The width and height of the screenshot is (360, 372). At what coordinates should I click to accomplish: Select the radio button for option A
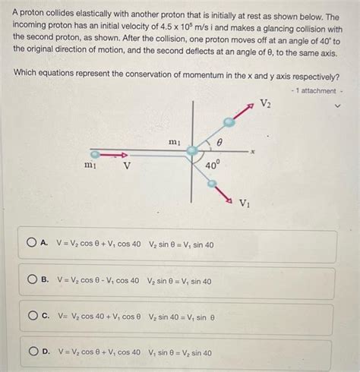coord(33,244)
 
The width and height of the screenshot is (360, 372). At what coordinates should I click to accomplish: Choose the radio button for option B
coord(33,280)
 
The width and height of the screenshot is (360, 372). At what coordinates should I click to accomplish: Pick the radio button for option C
coord(33,316)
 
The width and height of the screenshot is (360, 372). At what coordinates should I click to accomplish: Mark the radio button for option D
coord(33,352)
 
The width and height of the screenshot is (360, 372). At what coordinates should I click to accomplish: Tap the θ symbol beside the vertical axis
coord(219,141)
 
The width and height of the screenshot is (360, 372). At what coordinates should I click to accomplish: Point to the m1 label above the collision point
coord(174,141)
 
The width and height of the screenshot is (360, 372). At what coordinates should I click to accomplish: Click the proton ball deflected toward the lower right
coord(214,183)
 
